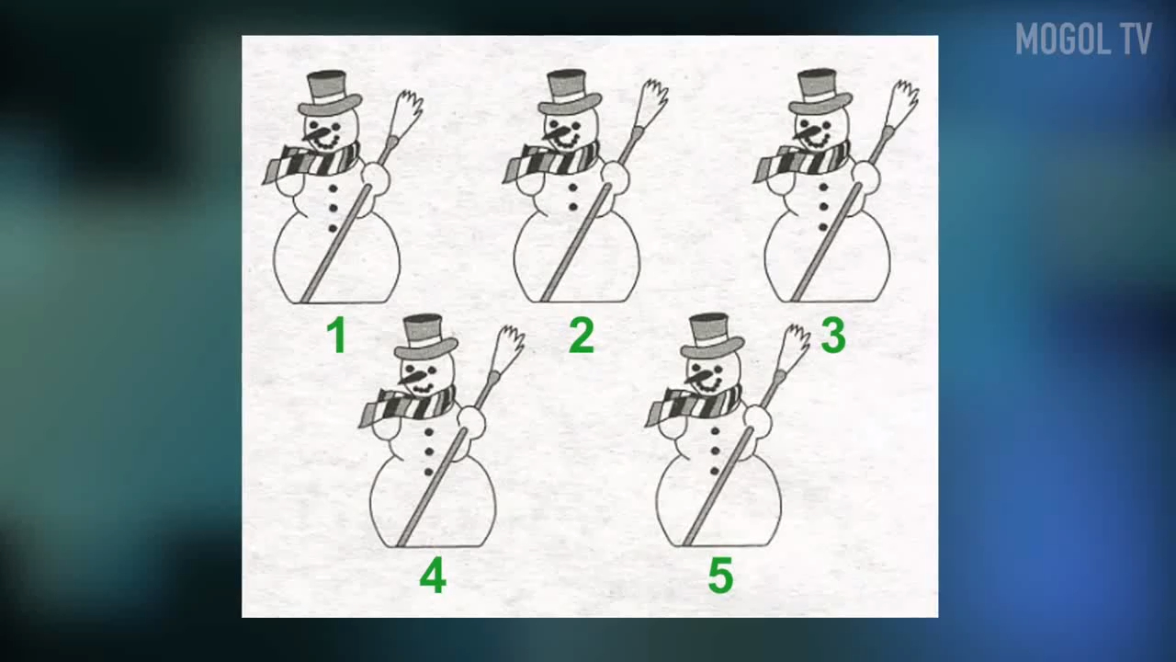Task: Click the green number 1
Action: [x=336, y=336]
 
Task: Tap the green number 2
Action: [x=582, y=336]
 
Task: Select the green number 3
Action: [x=833, y=336]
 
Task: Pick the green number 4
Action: [x=433, y=576]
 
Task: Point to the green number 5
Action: [x=720, y=576]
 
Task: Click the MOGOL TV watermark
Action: [x=1083, y=39]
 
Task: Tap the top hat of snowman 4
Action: [x=425, y=337]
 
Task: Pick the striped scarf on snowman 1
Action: [x=311, y=162]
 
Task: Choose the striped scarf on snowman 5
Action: [x=694, y=405]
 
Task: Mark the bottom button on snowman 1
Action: [x=333, y=229]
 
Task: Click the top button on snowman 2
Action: [x=572, y=187]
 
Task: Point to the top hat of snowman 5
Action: [x=712, y=337]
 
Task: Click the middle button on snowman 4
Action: [x=429, y=451]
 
